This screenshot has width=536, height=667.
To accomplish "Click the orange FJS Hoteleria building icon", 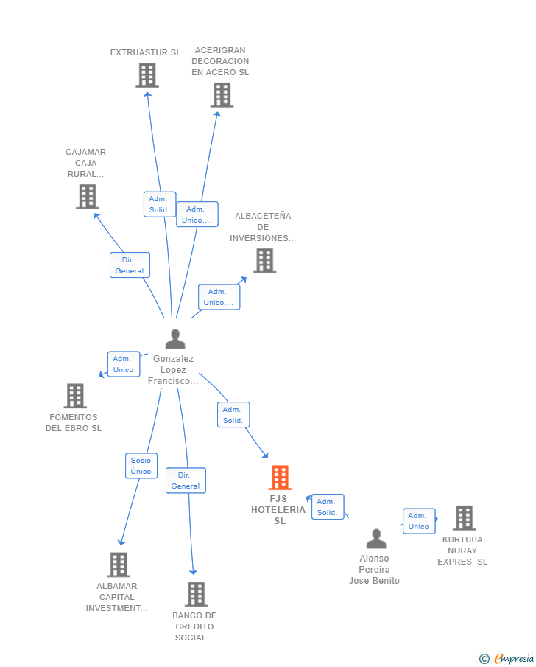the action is point(280,478).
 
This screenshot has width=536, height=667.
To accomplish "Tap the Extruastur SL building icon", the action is point(147,75).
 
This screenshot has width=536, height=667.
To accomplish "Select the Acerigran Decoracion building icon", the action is point(222,95).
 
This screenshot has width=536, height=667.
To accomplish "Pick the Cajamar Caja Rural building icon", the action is point(88,197).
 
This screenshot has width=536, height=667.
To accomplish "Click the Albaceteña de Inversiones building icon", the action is point(265,260).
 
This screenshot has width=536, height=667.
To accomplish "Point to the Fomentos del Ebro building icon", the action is point(75,396).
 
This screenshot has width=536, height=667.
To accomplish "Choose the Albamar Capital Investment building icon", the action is point(119,565).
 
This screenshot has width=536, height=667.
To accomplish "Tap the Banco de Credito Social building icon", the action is point(197,594).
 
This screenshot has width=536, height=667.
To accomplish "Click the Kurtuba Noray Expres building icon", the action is point(464,517).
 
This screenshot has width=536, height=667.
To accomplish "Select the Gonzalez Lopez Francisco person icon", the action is point(175,339).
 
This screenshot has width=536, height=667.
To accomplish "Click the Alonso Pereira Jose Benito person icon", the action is point(377,539).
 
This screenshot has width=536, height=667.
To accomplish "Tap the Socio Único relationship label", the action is point(141,466).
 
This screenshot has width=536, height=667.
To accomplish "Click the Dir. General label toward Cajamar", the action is point(130,265).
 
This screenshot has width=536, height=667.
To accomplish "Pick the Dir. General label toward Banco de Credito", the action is point(186,481).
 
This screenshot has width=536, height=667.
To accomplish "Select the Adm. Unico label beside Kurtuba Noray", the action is point(419,521).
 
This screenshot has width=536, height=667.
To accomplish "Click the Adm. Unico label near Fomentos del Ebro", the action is point(124,364).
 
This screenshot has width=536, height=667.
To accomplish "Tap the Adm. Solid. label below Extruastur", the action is point(160,204).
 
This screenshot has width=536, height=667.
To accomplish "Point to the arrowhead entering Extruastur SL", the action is point(147,94).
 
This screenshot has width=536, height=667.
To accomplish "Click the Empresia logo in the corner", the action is point(507,658).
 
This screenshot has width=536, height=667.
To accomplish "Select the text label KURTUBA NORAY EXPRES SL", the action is point(462,551).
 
